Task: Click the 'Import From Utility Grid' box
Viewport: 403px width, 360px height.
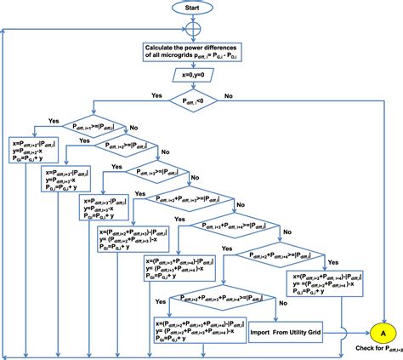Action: pos(292,333)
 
